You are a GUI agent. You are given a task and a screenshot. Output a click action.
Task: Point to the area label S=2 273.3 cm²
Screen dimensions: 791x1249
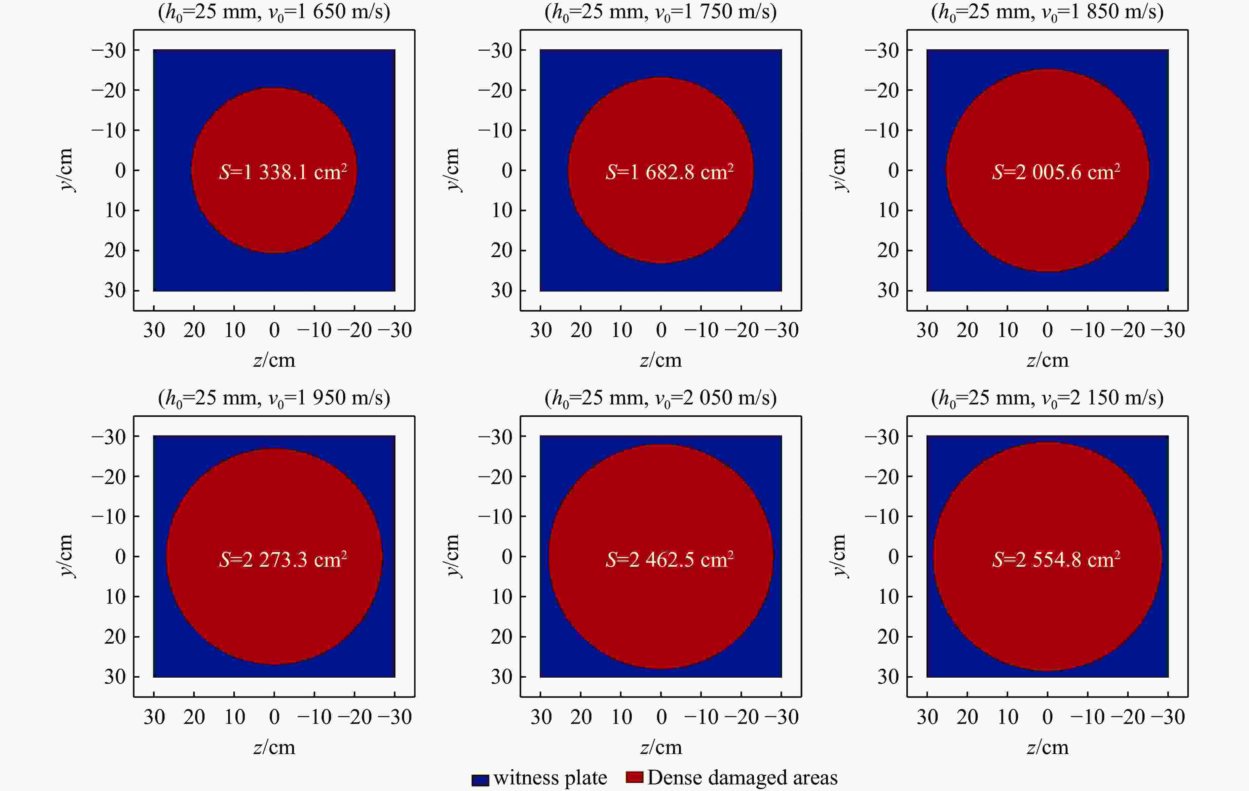coord(283,559)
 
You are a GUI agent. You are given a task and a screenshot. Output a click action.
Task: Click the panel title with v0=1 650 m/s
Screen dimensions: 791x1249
coord(274,12)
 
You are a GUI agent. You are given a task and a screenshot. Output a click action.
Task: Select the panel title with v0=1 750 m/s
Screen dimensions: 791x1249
coord(660,12)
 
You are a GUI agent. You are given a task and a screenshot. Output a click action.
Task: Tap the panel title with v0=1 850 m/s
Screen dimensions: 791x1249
coord(1047,12)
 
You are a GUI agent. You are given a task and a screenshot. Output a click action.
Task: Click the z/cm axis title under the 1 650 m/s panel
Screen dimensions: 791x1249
coord(274,360)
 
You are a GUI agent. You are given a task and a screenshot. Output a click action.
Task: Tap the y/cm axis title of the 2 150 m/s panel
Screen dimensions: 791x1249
coord(839,556)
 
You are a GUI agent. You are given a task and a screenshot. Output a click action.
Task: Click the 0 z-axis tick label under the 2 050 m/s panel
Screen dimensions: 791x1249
coord(661,717)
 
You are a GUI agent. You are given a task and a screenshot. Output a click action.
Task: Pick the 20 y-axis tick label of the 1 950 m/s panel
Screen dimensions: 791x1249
coord(115,636)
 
